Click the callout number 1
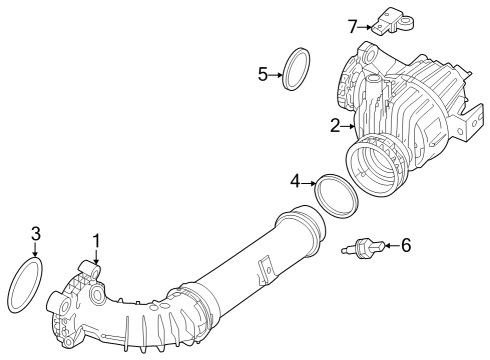(x=96, y=240)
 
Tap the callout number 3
(x=36, y=234)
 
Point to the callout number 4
(x=295, y=181)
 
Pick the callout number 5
(x=263, y=73)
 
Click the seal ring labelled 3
(x=26, y=285)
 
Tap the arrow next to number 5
(x=277, y=73)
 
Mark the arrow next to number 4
(x=309, y=182)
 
